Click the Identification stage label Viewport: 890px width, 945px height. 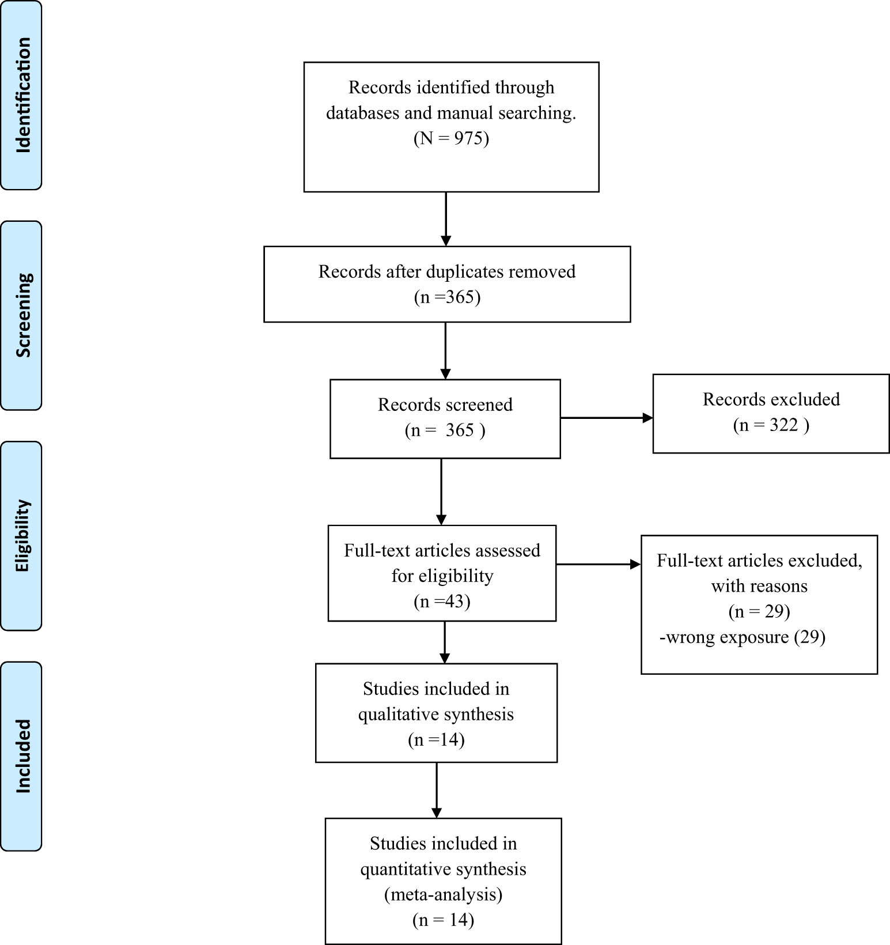(x=21, y=95)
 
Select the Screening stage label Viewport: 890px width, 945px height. (x=21, y=315)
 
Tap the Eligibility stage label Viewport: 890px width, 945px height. (x=21, y=535)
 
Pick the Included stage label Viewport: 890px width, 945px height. (x=21, y=756)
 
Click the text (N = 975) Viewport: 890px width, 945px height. (x=451, y=138)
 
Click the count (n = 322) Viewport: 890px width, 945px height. (x=771, y=425)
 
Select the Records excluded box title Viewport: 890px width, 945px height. (x=771, y=399)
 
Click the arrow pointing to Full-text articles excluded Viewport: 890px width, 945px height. (x=599, y=564)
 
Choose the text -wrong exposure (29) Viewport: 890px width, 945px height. (x=743, y=637)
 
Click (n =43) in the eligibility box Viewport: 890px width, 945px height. (x=442, y=602)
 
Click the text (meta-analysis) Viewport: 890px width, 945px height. (x=443, y=894)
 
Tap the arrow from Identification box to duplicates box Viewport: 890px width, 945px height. (x=446, y=219)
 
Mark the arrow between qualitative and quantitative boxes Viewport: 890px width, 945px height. (x=437, y=790)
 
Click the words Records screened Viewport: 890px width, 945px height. (x=445, y=405)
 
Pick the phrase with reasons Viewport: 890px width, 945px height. (x=759, y=587)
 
